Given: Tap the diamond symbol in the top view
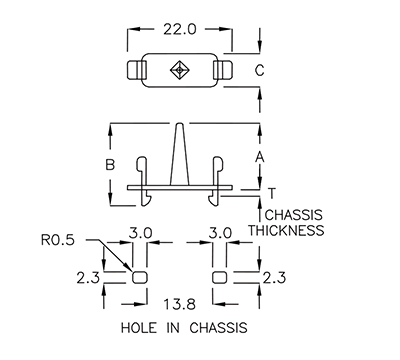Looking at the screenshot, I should coord(179,70).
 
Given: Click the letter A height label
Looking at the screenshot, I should coord(259,157).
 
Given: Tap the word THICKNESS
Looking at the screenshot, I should coord(286,230).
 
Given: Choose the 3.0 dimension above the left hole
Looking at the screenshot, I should coord(141,233).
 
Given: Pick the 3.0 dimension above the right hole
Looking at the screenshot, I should coord(220,233).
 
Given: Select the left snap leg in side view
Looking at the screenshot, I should coord(145,180).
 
